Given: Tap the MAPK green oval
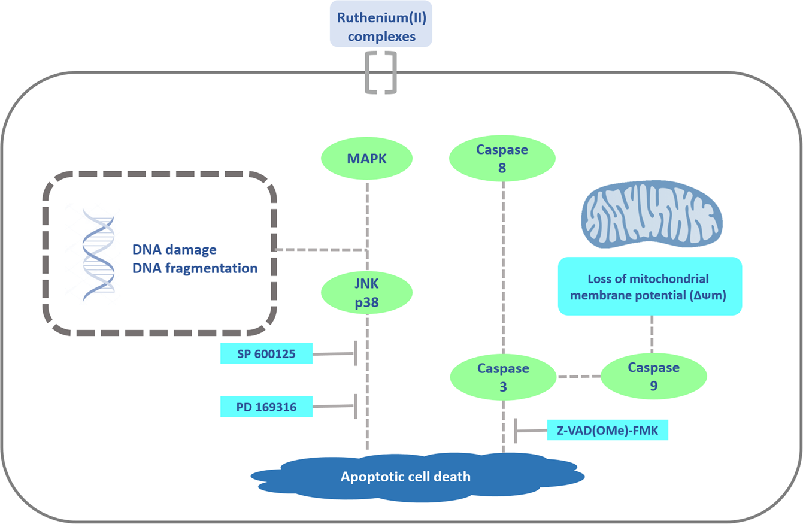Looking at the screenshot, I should tap(366, 160).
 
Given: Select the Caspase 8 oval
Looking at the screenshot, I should tap(502, 160).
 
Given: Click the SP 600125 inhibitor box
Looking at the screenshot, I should tap(266, 353).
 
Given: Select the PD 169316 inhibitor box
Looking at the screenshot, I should tap(266, 407).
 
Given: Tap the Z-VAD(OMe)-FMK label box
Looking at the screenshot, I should tap(607, 430).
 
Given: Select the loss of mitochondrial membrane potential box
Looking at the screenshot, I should tap(650, 286).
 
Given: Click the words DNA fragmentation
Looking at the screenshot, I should tap(195, 268).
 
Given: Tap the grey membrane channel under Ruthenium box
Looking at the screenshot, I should tap(381, 72).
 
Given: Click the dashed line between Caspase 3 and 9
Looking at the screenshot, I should tap(579, 377).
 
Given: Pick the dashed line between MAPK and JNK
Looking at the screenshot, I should tap(366, 222).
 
